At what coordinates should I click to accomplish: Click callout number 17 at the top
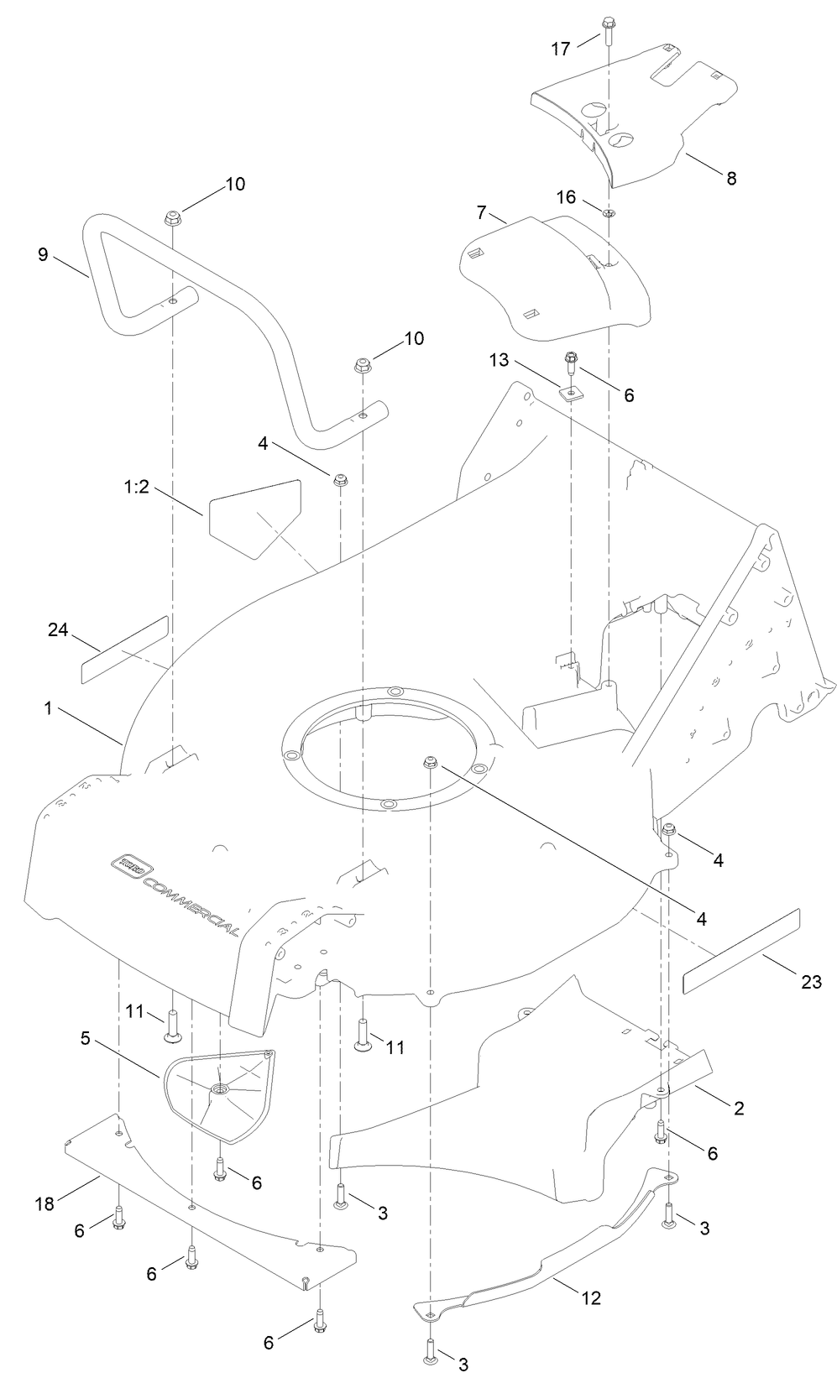pos(561,50)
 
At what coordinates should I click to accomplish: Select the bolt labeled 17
pos(607,32)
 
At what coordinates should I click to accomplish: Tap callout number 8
pos(731,178)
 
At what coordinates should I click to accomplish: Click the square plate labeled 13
pos(572,393)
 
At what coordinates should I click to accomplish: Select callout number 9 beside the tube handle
pos(43,254)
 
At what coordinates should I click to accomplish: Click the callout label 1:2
pos(135,487)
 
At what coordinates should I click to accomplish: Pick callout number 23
pos(810,982)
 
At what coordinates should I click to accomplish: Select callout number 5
pos(86,1038)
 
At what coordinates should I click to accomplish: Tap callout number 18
pos(44,1204)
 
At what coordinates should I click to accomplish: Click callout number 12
pos(591,1297)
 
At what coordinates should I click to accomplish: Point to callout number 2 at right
pos(739,1108)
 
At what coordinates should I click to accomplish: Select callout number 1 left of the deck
pos(49,708)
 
